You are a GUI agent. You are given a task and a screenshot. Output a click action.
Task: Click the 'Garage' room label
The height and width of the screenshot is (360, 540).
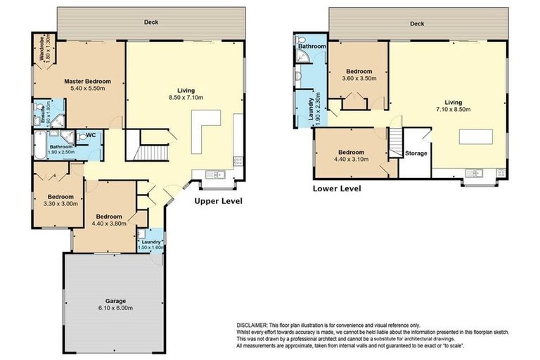pyautogui.click(x=111, y=300)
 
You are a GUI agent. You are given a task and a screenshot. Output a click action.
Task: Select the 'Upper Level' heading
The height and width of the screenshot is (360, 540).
pyautogui.click(x=219, y=201)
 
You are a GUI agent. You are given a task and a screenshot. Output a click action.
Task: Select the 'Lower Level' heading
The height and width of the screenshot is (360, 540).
pyautogui.click(x=337, y=188)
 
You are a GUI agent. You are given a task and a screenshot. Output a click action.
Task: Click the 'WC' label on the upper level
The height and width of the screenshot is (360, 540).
pyautogui.click(x=90, y=135)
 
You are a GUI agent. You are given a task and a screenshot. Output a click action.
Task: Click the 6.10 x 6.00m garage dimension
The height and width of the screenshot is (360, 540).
pyautogui.click(x=111, y=309)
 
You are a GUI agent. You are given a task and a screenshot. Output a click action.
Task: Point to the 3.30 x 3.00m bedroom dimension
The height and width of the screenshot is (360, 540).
pyautogui.click(x=60, y=204)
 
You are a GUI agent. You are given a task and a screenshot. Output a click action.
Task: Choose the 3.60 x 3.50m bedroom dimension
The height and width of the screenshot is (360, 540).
pyautogui.click(x=359, y=79)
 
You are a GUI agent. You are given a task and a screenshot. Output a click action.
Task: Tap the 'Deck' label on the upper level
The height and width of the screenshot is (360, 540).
pyautogui.click(x=151, y=22)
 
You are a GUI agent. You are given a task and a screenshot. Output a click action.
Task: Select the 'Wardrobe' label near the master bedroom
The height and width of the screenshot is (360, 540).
pyautogui.click(x=44, y=49)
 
